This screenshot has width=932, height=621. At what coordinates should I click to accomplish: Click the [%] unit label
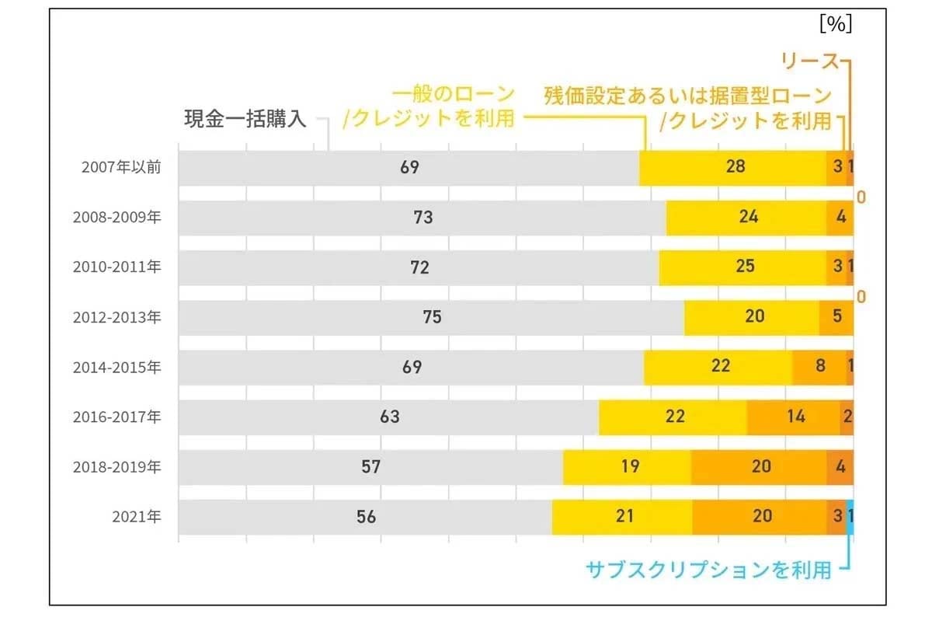(836, 24)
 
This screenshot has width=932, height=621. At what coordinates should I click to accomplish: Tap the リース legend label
(809, 62)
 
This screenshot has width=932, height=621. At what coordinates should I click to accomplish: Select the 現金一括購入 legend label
(245, 119)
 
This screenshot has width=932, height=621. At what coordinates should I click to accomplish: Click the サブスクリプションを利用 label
(708, 570)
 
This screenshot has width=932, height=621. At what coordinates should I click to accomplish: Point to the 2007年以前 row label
(121, 167)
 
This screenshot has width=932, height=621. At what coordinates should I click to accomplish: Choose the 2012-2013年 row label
(116, 317)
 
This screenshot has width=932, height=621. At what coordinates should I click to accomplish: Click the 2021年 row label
(137, 516)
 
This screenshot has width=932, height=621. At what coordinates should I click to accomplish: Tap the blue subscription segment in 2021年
(850, 516)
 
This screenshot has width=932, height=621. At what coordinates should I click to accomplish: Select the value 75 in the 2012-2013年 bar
(432, 317)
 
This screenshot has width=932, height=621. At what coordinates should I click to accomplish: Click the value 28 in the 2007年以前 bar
(735, 167)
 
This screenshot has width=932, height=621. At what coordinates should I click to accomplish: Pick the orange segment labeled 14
(794, 417)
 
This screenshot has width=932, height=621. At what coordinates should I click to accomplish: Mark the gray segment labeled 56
(365, 516)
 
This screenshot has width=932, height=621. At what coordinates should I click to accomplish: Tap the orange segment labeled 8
(819, 367)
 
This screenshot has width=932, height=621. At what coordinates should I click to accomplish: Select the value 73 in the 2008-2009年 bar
(423, 218)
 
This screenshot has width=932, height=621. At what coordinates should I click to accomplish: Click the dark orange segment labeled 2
(847, 417)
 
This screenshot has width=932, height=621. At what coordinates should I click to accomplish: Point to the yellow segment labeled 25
(743, 267)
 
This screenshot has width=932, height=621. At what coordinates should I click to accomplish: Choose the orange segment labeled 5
(836, 317)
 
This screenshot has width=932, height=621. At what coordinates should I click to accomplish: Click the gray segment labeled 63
(389, 417)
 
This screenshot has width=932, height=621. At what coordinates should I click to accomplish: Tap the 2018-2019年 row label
(116, 466)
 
